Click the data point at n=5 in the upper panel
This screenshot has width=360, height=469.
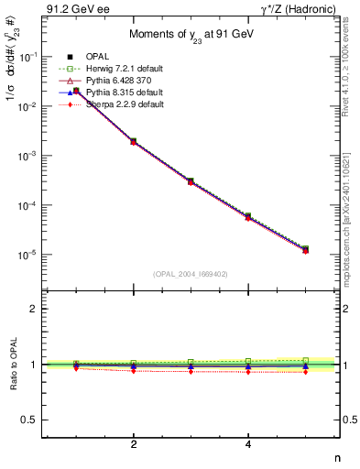tap(305, 249)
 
